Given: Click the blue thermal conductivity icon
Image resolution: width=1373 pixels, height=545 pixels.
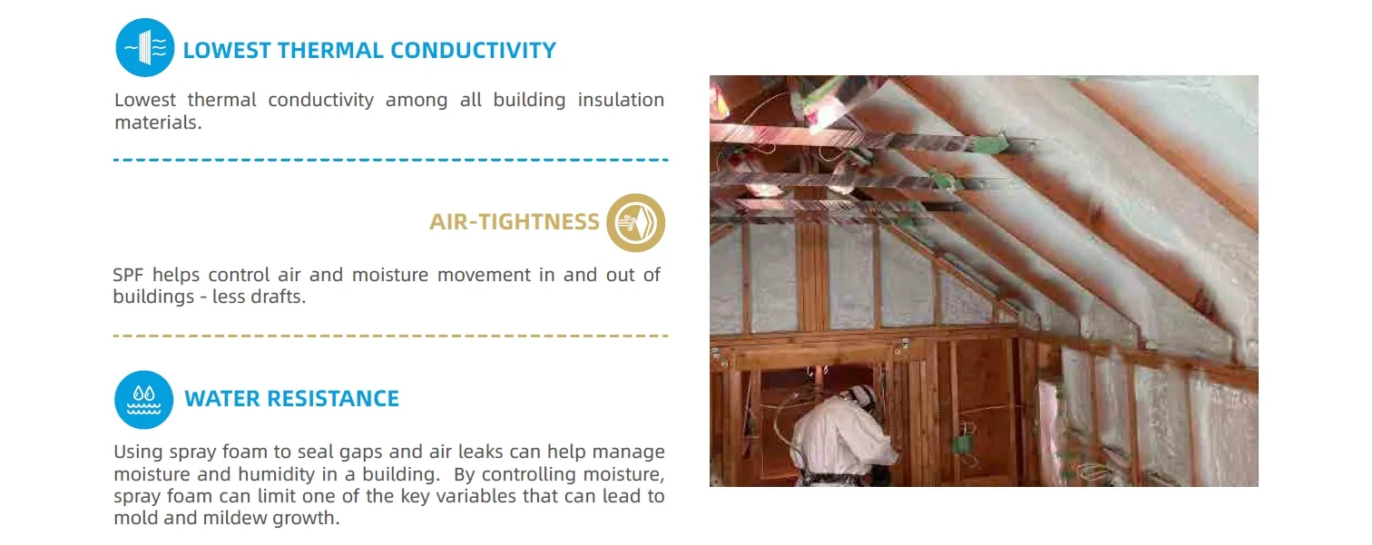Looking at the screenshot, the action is click(x=144, y=47).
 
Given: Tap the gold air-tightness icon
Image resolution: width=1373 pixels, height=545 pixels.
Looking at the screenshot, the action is click(x=635, y=223).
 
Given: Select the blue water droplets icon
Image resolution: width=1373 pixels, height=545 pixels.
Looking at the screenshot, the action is click(x=144, y=400).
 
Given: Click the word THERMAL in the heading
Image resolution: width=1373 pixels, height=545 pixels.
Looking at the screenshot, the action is click(x=330, y=50).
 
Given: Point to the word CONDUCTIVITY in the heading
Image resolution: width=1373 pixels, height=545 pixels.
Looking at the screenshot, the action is click(x=473, y=50).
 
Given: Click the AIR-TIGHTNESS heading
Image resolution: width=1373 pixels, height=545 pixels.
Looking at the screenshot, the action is click(x=515, y=221).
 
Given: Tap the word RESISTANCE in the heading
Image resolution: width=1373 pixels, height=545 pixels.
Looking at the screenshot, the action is click(x=333, y=399).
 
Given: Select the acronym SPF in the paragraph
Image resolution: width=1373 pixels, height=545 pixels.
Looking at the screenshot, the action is click(x=127, y=275).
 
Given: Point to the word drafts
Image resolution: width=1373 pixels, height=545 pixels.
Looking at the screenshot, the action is click(x=280, y=297).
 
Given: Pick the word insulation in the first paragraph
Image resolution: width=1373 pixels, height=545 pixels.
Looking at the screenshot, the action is click(x=621, y=100).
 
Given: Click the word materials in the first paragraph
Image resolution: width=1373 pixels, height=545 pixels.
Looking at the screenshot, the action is click(x=158, y=122).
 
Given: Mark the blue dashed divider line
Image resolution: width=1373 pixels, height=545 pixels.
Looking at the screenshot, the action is click(x=391, y=160).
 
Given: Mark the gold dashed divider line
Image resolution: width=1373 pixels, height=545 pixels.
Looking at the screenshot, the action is click(x=391, y=336).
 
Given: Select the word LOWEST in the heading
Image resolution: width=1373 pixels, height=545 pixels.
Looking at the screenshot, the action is click(x=227, y=50).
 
